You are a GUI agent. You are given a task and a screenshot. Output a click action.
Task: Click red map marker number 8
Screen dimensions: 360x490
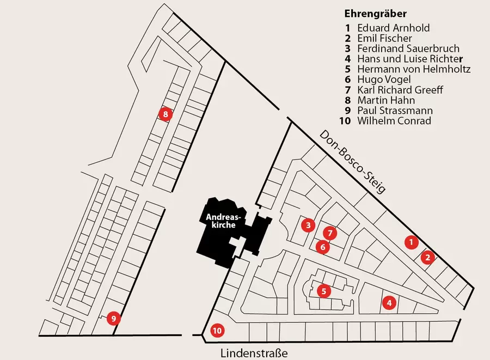coord(164,114)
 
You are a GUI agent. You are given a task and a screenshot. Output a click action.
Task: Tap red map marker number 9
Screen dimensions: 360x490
coord(113,318)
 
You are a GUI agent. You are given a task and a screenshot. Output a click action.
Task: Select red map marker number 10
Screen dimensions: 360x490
coord(217,330)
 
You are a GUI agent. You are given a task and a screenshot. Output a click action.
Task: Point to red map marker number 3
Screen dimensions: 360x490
coord(308,224)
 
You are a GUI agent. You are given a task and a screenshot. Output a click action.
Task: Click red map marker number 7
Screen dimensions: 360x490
coord(329,233)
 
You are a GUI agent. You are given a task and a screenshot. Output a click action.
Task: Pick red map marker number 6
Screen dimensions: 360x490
coord(322,247)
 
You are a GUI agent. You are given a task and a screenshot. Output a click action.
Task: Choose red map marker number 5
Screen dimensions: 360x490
coord(323,291)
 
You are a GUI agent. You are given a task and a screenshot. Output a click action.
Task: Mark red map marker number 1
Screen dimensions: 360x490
coord(412,241)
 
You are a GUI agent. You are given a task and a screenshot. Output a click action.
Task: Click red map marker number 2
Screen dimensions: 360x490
coord(428,257)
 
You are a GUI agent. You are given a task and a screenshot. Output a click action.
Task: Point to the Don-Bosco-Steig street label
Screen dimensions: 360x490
coord(352,162)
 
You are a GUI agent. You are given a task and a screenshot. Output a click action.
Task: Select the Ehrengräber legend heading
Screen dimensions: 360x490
coord(376,14)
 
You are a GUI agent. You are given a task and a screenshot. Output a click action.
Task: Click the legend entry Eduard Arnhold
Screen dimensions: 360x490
coord(393,28)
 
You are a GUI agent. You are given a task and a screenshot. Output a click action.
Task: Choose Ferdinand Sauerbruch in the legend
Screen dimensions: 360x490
coord(408,48)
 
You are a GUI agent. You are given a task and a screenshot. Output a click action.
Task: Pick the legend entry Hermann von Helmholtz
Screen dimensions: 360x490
coord(413,69)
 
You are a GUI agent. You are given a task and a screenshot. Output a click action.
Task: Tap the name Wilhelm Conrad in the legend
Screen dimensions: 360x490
coord(394,120)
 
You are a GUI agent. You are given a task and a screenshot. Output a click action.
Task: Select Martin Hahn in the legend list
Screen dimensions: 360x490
coord(385,100)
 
